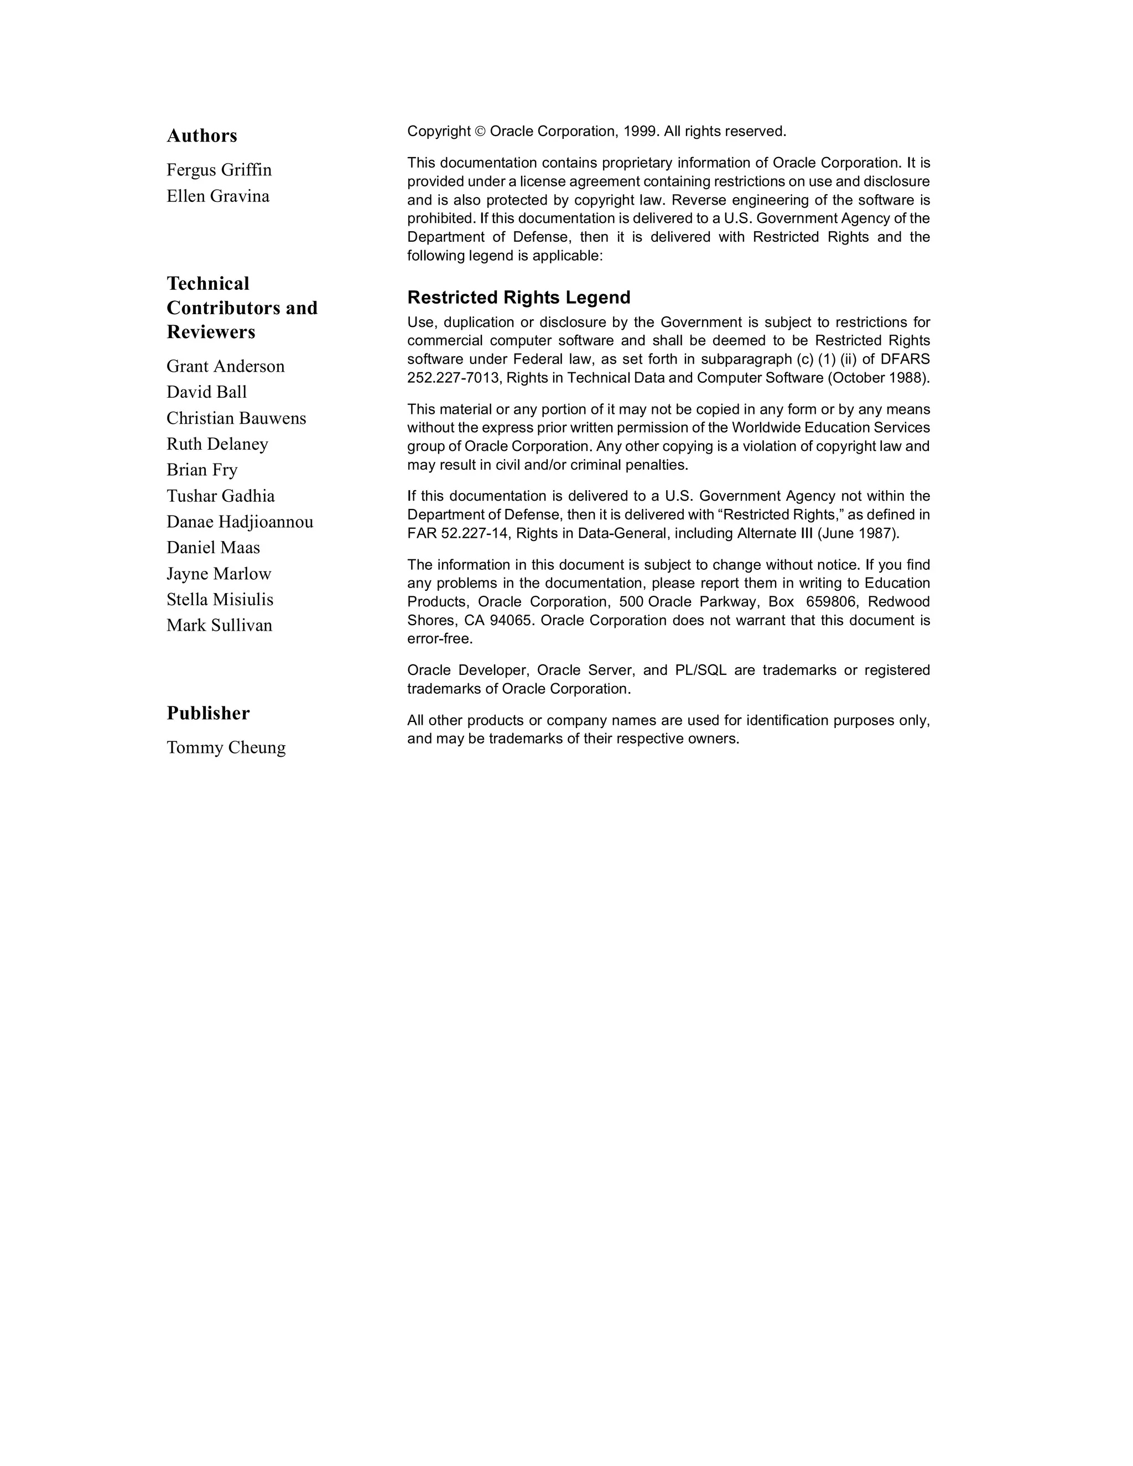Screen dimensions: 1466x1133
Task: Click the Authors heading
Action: pos(201,136)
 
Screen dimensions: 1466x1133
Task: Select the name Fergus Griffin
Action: pos(219,170)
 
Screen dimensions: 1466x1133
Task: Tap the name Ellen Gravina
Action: pos(217,196)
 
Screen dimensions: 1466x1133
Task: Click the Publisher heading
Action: pos(208,713)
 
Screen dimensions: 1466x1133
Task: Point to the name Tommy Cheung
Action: pos(226,747)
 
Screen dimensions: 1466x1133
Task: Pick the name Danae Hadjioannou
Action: pos(240,522)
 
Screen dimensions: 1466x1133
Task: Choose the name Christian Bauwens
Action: pos(236,418)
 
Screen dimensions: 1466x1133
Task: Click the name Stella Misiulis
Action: pos(220,600)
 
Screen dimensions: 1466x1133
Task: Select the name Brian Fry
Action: pos(202,470)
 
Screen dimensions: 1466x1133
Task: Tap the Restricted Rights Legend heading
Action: pos(519,298)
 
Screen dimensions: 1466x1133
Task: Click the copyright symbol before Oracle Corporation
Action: pos(479,132)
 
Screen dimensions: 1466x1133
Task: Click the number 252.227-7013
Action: pos(453,378)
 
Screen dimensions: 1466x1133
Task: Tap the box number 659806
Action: pos(831,601)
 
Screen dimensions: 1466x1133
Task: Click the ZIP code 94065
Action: pos(512,620)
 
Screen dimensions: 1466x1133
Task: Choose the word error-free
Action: pos(440,639)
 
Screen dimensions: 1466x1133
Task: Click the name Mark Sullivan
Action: pos(220,626)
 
